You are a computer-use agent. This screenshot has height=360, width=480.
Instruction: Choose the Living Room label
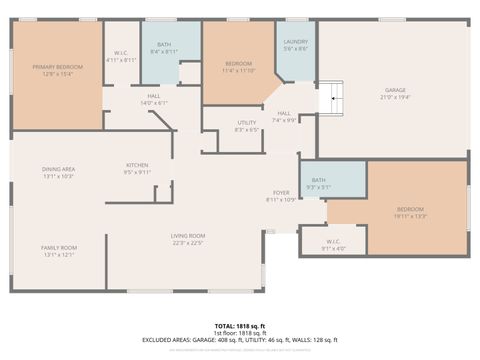tap(188, 238)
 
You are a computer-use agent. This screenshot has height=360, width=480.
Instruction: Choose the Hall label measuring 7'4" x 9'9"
tap(285, 116)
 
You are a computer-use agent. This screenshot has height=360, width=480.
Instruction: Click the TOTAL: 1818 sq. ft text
tap(239, 327)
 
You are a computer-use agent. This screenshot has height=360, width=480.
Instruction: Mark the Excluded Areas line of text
tap(239, 341)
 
